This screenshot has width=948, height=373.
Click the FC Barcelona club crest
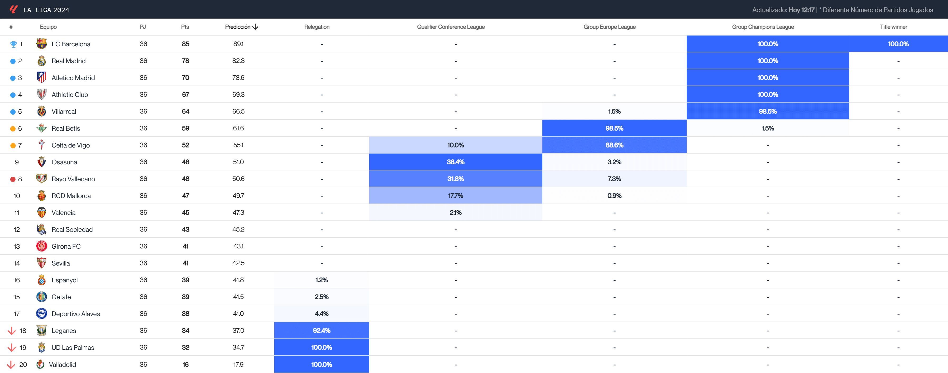[42, 44]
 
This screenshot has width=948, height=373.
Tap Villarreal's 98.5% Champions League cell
[768, 111]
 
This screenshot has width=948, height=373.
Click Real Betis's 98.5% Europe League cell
[614, 128]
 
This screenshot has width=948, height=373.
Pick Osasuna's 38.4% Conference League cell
[456, 162]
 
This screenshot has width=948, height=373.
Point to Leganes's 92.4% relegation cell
[322, 330]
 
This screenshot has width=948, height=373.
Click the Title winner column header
[894, 27]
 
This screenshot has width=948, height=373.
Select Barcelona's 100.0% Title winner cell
[898, 44]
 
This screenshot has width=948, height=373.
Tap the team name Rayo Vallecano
[73, 179]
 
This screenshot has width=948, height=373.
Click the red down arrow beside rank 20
[11, 365]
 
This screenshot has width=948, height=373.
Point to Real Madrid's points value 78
[185, 61]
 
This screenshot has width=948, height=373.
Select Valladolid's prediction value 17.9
[238, 365]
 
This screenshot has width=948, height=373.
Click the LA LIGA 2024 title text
[46, 10]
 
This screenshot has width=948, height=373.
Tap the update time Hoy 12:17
[801, 10]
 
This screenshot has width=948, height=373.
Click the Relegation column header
[317, 27]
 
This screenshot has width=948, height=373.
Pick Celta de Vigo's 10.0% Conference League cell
[456, 145]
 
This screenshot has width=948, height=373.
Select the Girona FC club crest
[42, 246]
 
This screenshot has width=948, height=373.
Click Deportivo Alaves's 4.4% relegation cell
[322, 313]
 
